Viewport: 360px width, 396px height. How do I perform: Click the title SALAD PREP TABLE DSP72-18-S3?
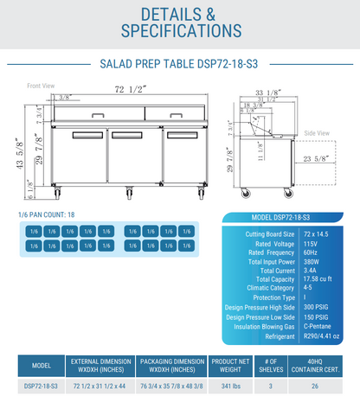point(179,63)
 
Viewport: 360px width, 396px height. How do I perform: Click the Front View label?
point(41,86)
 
